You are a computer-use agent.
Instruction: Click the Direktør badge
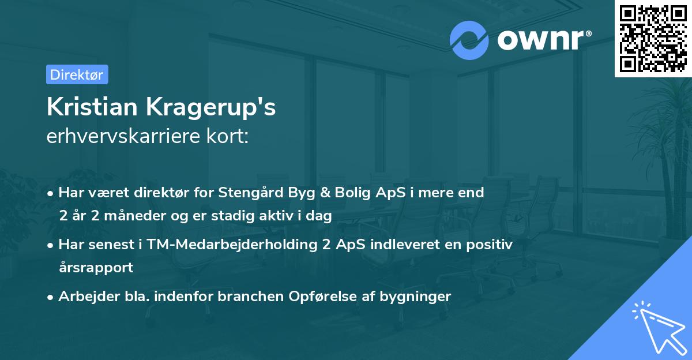[x=77, y=74]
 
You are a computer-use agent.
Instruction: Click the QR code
[x=653, y=38]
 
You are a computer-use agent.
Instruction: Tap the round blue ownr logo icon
[x=469, y=40]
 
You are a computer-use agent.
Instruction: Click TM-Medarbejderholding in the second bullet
[x=233, y=245]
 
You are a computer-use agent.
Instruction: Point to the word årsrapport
[x=96, y=268]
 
